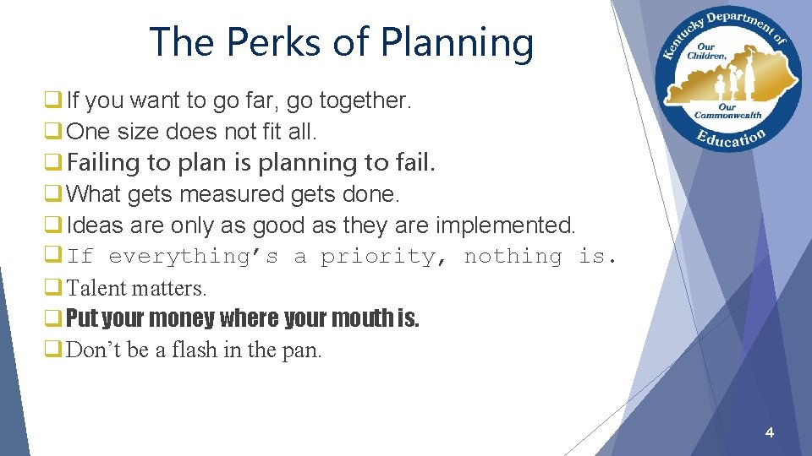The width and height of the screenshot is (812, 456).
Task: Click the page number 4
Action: [x=769, y=432]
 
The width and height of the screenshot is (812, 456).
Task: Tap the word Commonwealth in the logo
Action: [x=728, y=115]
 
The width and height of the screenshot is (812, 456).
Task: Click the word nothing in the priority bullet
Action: [x=513, y=257]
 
